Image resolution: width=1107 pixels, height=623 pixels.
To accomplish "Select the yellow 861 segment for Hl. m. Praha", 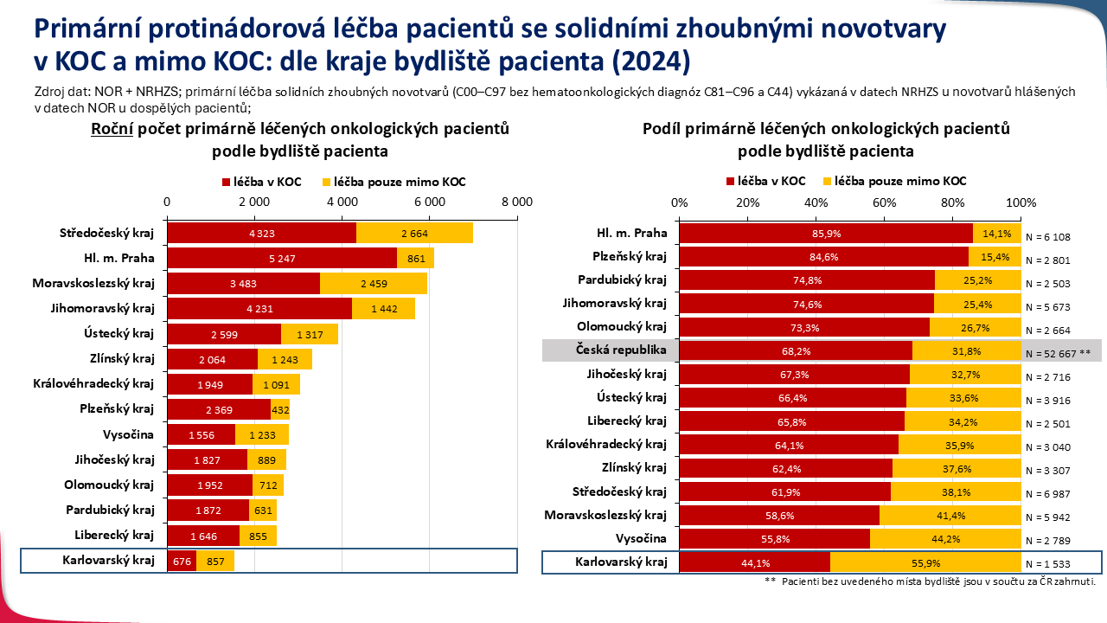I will [416, 258].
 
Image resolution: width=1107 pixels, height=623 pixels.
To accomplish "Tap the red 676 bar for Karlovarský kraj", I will [182, 561].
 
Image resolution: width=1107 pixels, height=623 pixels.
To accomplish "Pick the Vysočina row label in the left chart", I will [128, 434].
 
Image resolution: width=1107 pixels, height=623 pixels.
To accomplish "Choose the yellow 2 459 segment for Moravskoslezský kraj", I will [374, 283].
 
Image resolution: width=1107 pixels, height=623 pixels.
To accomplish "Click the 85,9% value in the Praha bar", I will [826, 234].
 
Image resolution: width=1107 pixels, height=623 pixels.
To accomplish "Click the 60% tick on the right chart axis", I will [884, 202].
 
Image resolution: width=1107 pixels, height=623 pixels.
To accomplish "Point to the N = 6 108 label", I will [1047, 237].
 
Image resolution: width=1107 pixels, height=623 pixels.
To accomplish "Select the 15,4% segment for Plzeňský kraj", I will [995, 257].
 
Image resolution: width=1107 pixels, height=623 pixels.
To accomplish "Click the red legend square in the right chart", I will [731, 182].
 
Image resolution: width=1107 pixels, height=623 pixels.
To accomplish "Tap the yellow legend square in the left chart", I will [326, 183].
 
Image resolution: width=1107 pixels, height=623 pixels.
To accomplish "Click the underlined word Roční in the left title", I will [111, 129].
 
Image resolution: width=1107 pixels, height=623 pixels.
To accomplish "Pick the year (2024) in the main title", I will [646, 63].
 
